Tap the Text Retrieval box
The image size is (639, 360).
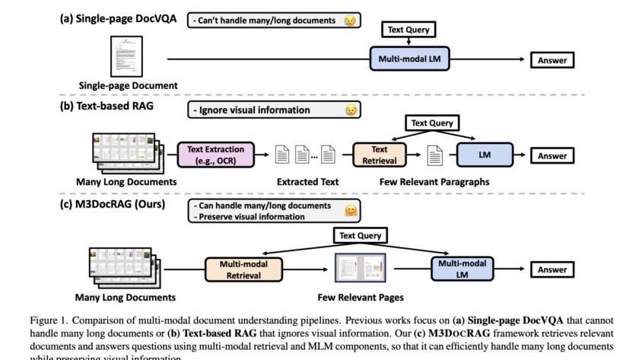click(380, 155)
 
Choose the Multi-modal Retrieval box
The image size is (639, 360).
click(243, 269)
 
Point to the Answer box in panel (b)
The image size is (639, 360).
click(552, 156)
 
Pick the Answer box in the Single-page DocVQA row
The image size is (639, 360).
click(552, 60)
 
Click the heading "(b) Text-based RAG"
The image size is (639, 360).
click(106, 107)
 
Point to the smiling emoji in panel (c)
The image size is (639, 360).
click(351, 210)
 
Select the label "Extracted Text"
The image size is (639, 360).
click(307, 182)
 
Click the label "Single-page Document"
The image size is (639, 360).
click(129, 86)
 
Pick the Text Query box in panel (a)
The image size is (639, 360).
click(408, 30)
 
